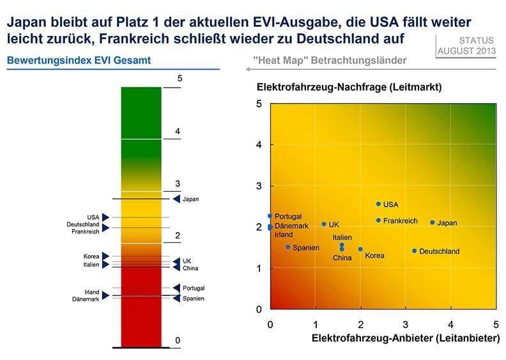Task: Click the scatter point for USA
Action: click(378, 204)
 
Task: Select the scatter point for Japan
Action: click(433, 223)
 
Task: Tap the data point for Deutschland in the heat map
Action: click(415, 251)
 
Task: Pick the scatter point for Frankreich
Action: click(378, 221)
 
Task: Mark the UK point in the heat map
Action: click(324, 224)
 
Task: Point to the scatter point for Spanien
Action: click(288, 247)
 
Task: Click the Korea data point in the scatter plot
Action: click(360, 249)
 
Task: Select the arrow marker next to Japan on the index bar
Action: click(176, 199)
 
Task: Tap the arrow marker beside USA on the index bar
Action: click(106, 217)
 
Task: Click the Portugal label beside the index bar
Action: click(194, 288)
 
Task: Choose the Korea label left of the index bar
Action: click(91, 256)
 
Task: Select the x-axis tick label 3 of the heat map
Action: click(406, 324)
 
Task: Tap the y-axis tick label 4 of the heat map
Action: click(259, 145)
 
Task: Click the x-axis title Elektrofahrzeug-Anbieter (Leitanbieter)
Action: click(405, 338)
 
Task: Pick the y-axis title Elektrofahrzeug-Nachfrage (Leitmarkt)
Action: click(349, 86)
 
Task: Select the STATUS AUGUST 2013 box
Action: click(466, 45)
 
